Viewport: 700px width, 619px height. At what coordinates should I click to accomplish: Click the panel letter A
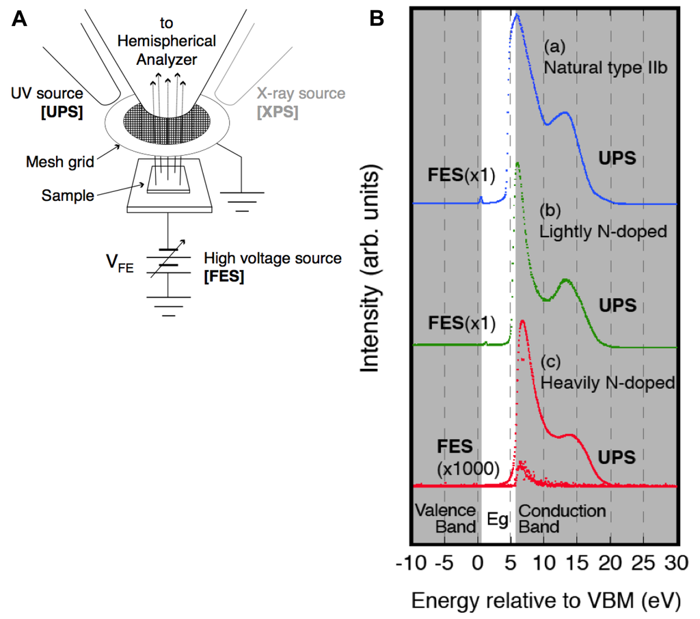(x=21, y=18)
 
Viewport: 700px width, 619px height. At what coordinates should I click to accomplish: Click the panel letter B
(x=377, y=18)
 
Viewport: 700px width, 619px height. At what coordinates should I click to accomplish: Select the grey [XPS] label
(x=278, y=111)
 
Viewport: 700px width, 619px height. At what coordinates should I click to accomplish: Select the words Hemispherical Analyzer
(x=166, y=51)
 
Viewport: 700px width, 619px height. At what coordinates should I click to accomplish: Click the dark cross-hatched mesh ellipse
(x=163, y=124)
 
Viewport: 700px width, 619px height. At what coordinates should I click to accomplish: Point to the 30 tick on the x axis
(x=676, y=564)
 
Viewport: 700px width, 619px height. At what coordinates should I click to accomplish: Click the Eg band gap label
(x=498, y=519)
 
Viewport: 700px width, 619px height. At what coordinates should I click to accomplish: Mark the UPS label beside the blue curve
(x=618, y=158)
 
